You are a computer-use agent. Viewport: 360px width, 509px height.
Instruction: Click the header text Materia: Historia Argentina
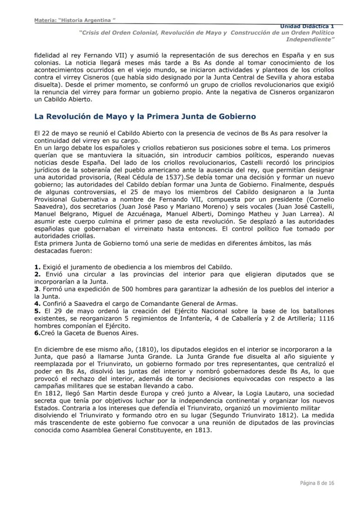pos(75,20)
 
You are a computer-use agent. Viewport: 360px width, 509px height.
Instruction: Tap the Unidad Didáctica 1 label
pos(307,27)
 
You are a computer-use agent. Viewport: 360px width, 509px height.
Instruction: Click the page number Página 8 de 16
pos(317,483)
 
